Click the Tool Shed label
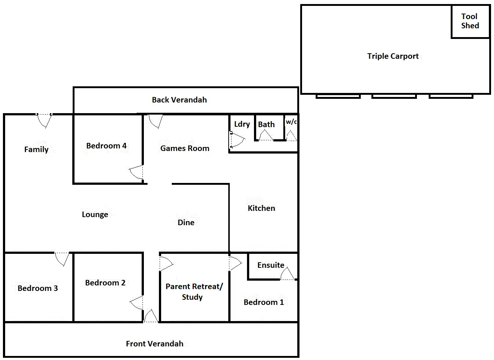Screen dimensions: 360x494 [x=470, y=21]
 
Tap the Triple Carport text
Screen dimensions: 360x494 [x=393, y=56]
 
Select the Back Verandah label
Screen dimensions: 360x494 [x=179, y=100]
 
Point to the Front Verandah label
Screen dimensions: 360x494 [x=155, y=344]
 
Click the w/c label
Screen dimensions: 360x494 [x=291, y=122]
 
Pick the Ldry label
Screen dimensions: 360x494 [x=242, y=124]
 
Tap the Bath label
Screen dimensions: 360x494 [x=266, y=125]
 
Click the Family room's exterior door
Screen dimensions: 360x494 [x=44, y=120]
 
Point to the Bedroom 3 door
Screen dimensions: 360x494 [x=62, y=258]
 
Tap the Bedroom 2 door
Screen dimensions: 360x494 [x=137, y=303]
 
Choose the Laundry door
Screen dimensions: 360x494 [x=236, y=140]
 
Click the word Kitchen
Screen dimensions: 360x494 [x=261, y=208]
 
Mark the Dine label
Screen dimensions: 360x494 [x=186, y=223]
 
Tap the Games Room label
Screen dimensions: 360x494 [x=185, y=148]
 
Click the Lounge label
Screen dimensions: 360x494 [x=95, y=215]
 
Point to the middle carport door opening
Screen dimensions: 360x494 [x=394, y=96]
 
